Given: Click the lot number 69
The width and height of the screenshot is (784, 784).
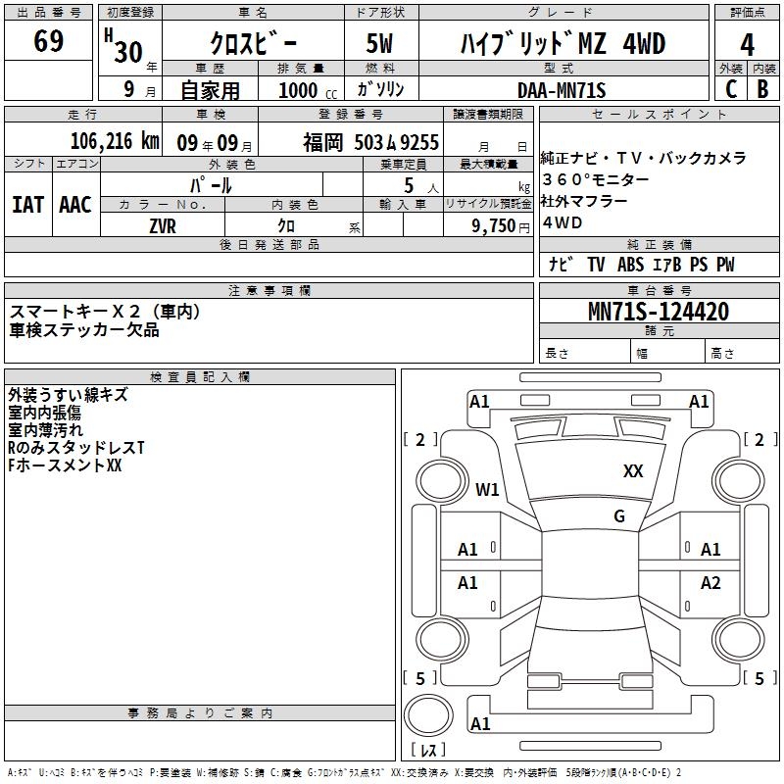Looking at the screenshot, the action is point(48,41).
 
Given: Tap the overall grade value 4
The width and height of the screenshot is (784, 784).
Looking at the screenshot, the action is point(747,45).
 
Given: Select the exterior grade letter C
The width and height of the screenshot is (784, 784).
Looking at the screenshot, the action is point(731,89).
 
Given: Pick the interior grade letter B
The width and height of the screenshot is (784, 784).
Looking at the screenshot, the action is point(762,89).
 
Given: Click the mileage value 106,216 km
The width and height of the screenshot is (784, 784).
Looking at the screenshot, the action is point(115,141).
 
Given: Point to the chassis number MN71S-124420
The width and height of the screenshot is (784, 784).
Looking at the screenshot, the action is point(659,312).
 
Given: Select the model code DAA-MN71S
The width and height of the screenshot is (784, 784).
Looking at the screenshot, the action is point(562,90).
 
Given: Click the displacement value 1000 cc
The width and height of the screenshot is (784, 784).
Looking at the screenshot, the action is point(308,90).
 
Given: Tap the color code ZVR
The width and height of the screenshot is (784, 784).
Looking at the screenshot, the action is point(163,226).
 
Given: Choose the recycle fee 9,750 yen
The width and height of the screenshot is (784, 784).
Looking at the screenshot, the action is point(501,226).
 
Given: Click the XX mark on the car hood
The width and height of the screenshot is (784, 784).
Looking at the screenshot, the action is point(633,470).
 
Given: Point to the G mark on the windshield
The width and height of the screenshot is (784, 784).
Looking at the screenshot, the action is point(619,515).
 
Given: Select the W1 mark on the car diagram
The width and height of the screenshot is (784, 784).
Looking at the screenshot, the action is point(487,489).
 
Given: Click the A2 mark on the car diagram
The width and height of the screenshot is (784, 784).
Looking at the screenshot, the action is point(710,582).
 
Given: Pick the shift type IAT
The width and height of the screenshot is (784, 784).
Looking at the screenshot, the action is point(28,205).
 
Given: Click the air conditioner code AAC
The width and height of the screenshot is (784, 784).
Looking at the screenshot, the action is point(75,205).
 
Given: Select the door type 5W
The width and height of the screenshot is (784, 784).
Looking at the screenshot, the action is point(379,43).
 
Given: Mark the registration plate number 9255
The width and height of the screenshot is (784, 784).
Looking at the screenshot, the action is point(419,142).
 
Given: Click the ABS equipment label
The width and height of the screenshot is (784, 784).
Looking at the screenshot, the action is point(630,265).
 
